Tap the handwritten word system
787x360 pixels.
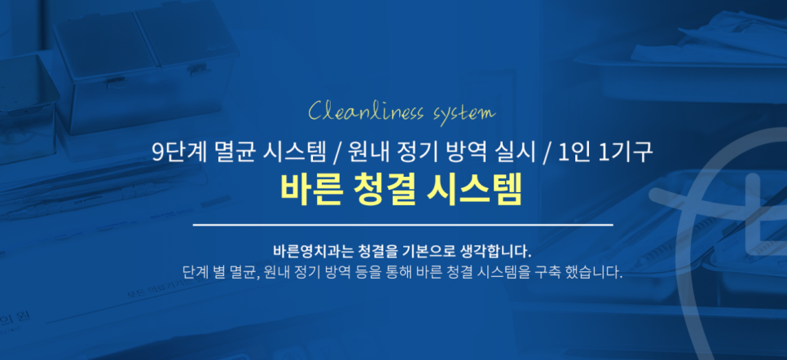point(458,112)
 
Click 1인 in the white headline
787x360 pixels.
point(572,151)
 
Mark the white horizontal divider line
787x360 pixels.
point(402,224)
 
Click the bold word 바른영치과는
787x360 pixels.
point(306,249)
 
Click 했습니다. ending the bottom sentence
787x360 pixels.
point(595,272)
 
